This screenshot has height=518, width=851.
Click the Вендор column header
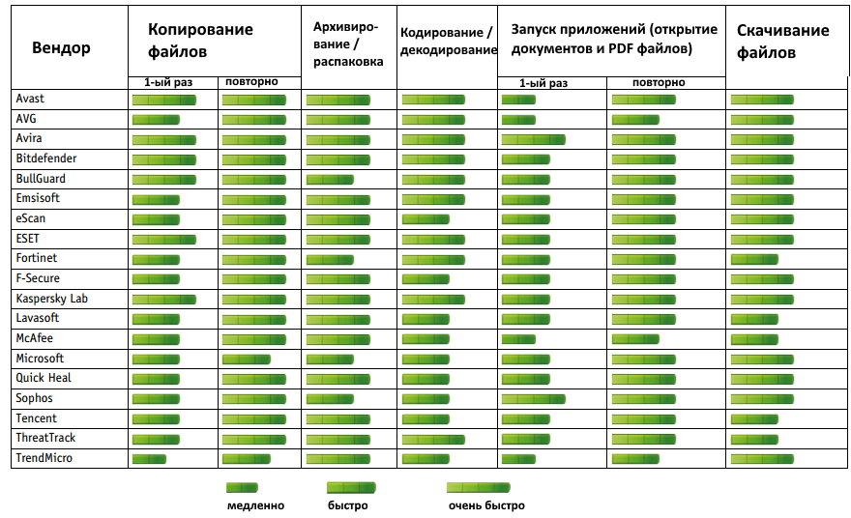tap(61, 48)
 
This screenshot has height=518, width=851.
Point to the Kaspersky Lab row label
tap(51, 299)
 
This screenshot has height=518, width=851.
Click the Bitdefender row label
tap(46, 158)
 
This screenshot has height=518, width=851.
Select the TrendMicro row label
tap(44, 458)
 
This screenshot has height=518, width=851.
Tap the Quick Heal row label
tap(44, 378)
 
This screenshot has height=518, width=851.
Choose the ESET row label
tap(28, 239)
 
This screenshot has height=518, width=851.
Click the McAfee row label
tap(35, 338)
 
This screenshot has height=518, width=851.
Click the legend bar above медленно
tap(242, 488)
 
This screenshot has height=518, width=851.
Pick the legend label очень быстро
tap(485, 505)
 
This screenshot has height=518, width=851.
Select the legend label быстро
tap(347, 505)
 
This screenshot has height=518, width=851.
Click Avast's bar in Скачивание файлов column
tap(762, 99)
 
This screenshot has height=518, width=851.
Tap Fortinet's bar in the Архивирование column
tap(330, 259)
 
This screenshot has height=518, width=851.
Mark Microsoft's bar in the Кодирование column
tap(425, 359)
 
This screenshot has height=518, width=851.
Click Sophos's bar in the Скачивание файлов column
tap(762, 398)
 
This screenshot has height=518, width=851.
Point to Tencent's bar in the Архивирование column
tap(337, 418)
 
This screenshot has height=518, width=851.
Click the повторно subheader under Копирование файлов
tap(251, 82)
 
